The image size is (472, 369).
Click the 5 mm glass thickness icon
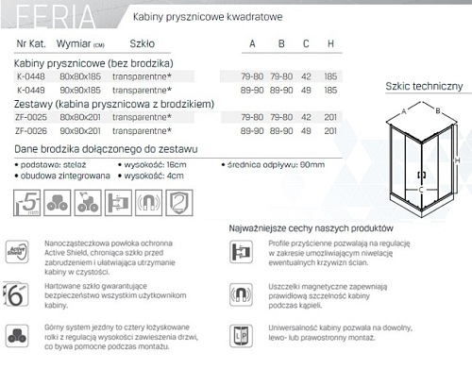point(28,200)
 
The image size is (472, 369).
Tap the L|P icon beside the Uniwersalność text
point(240,333)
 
